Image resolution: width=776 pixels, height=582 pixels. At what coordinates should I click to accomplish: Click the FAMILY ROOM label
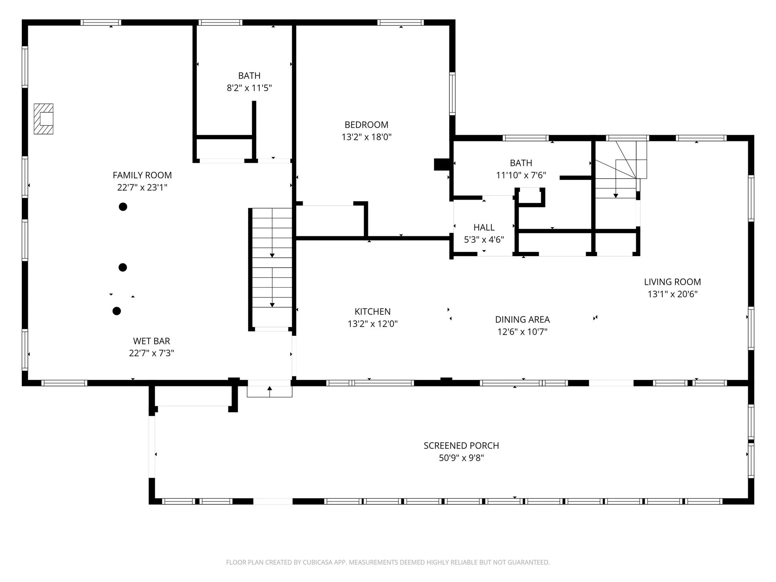142,175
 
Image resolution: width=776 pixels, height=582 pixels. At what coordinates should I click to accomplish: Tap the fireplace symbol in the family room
44,119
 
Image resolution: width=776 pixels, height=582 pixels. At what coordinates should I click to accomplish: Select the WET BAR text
152,341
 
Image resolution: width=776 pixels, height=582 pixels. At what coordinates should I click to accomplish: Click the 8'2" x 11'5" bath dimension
249,88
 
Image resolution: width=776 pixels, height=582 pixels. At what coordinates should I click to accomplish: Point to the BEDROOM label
366,124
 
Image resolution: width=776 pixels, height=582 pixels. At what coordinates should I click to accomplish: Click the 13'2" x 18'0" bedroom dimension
366,137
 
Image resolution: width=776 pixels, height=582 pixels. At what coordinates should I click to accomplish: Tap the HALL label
484,227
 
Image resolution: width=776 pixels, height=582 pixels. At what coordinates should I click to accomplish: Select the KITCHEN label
372,312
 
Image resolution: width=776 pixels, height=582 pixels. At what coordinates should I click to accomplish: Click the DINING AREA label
522,319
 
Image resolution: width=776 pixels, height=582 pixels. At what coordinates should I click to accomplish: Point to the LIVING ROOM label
672,282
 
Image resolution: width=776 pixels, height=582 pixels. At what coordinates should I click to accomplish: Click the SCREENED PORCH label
461,445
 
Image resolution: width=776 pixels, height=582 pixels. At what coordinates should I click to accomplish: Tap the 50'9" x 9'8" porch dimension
461,458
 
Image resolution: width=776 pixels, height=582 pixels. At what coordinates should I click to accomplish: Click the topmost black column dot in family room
123,207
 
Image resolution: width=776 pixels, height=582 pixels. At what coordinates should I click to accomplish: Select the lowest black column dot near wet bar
116,311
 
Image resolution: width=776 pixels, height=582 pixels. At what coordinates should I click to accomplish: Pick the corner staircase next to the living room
618,170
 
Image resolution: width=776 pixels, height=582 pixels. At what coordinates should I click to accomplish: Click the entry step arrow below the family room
270,390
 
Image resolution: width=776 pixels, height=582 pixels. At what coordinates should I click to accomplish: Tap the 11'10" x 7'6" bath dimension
521,175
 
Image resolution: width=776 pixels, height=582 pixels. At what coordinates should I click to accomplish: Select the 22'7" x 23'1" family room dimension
142,188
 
